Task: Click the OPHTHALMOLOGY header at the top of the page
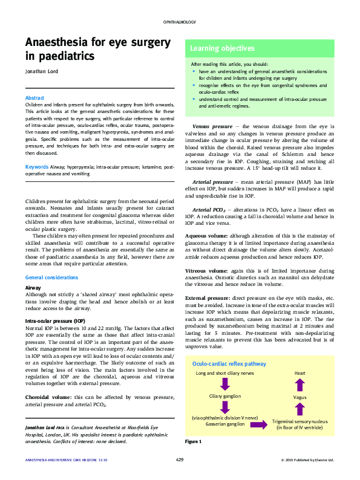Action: tap(180, 22)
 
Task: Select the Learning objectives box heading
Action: tap(222, 48)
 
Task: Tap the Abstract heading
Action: tap(34, 98)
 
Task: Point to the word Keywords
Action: tap(37, 166)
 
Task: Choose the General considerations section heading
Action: tap(51, 277)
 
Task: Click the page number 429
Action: tap(180, 460)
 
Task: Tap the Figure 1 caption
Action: tap(193, 442)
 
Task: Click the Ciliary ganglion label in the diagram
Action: tap(224, 396)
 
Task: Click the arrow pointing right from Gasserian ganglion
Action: tap(258, 425)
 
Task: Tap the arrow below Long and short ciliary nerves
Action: tap(224, 384)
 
